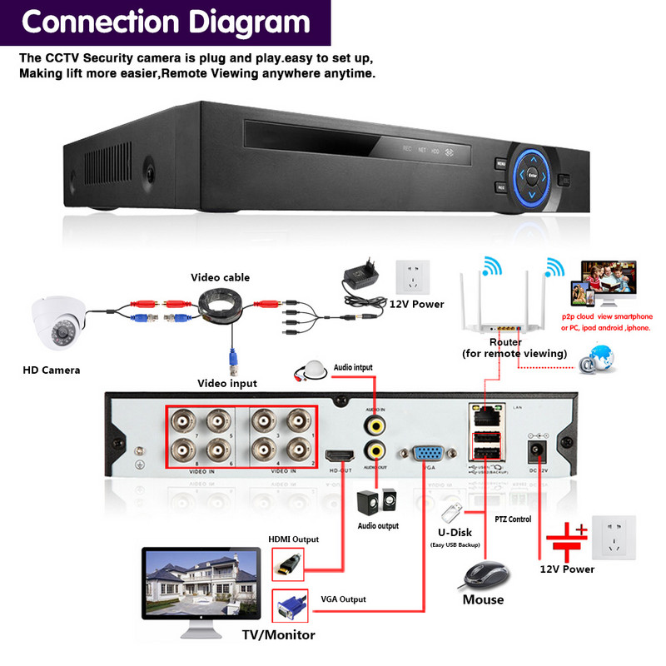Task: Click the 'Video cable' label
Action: point(220,277)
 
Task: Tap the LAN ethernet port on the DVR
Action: point(485,412)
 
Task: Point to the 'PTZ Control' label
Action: point(513,519)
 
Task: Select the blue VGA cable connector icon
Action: point(289,606)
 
